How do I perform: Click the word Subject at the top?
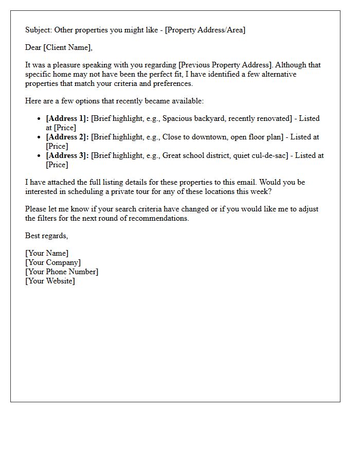(38, 30)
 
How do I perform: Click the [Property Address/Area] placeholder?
(205, 30)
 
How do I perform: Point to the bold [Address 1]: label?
(67, 118)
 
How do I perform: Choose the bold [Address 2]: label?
(67, 137)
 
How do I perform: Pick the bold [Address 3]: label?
(67, 155)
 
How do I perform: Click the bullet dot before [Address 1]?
(39, 119)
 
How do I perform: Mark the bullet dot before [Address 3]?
(39, 156)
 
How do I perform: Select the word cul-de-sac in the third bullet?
(263, 155)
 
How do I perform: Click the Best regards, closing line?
(46, 236)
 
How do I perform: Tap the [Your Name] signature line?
(47, 253)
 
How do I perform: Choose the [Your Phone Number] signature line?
(62, 272)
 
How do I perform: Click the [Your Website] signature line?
(50, 281)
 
